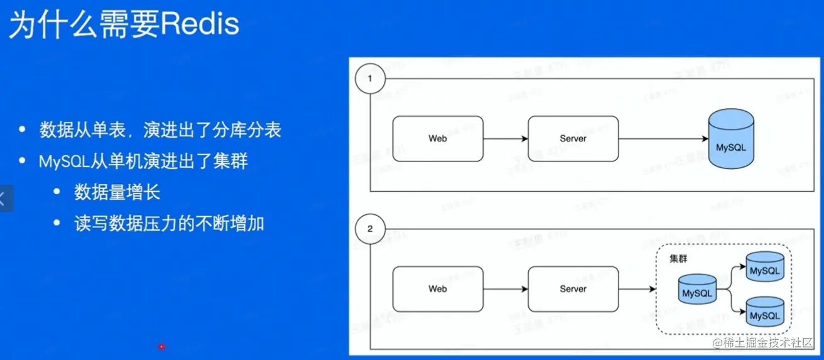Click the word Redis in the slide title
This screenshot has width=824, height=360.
[x=200, y=25]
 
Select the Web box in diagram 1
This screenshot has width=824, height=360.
[x=438, y=138]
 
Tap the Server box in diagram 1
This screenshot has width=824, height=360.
[x=573, y=138]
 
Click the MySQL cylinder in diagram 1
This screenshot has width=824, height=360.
[x=731, y=141]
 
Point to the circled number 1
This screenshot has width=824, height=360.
[x=370, y=79]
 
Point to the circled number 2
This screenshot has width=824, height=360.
[x=370, y=229]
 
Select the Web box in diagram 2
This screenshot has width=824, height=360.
[x=438, y=289]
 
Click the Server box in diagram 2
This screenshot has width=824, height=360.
[x=573, y=289]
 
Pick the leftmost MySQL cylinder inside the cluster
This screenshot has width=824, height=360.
[x=697, y=290]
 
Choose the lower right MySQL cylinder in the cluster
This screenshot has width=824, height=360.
[x=765, y=312]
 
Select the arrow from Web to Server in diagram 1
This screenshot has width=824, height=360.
[x=506, y=138]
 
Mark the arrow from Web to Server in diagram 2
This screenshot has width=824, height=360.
[x=506, y=289]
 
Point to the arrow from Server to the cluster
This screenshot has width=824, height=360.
[x=637, y=289]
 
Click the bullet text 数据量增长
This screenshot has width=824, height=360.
[x=117, y=192]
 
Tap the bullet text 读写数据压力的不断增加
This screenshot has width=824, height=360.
[x=169, y=224]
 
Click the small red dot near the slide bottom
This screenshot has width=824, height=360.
[x=161, y=346]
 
